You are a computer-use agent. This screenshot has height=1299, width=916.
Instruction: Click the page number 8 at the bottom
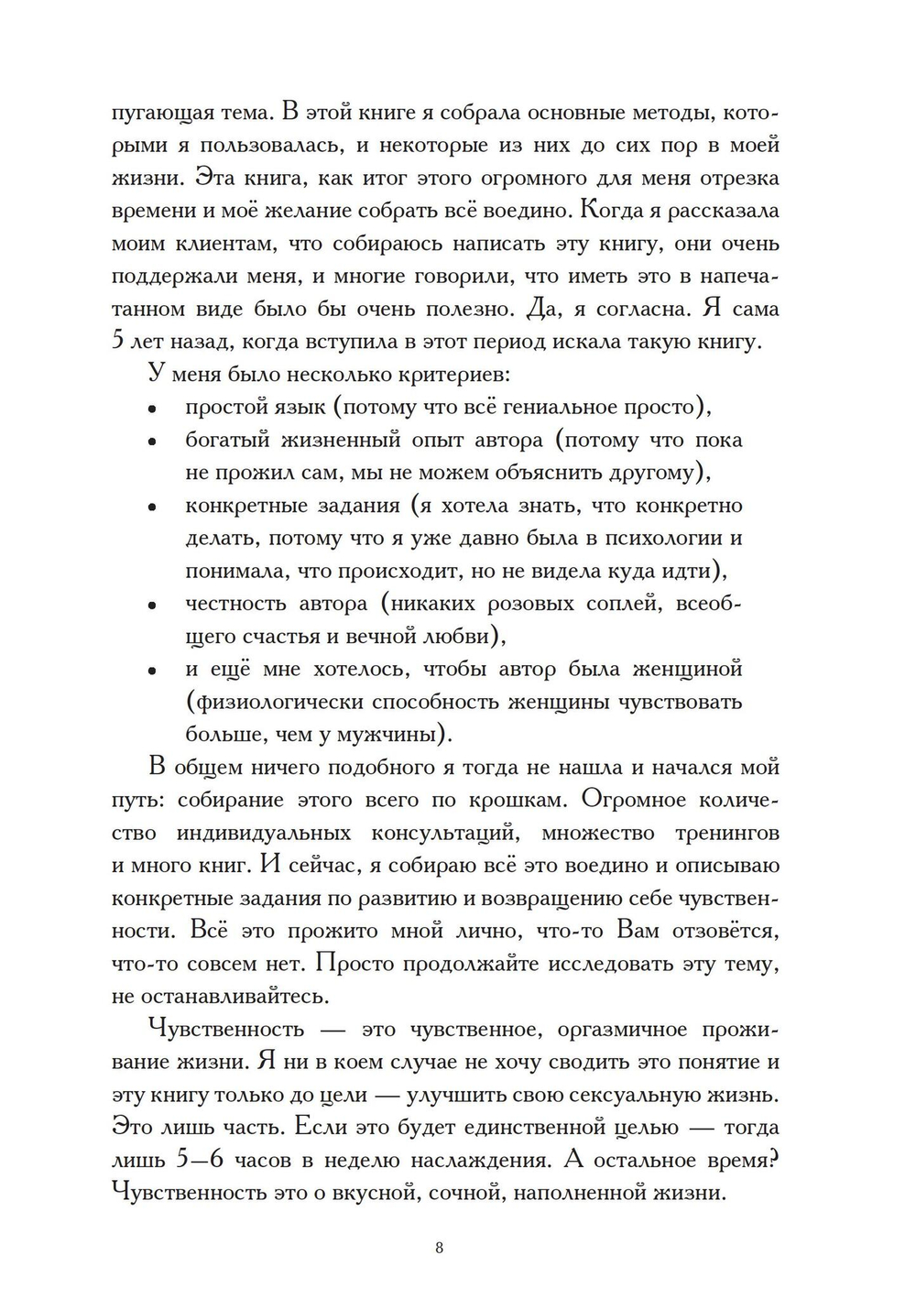[x=440, y=1248]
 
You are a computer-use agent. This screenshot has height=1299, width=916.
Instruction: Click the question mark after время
[x=773, y=1160]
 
